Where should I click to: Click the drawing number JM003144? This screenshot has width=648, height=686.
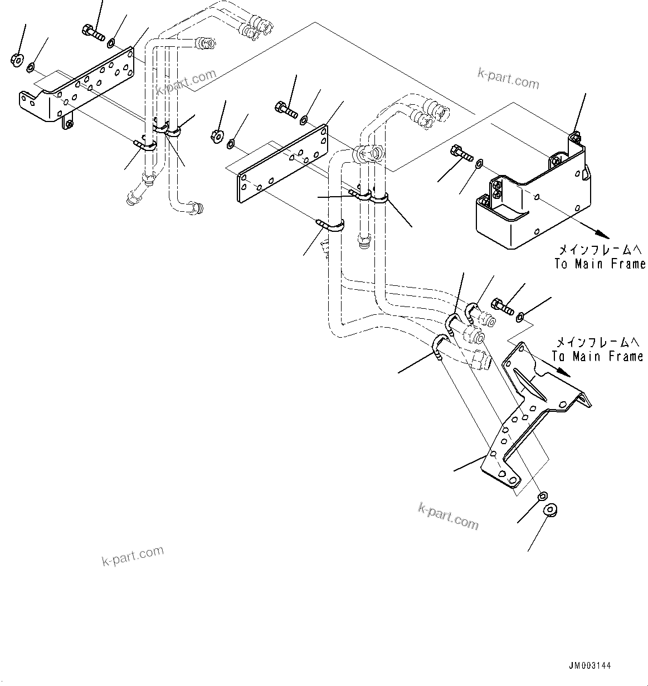[x=590, y=665]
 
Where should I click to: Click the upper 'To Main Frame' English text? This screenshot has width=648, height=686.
[x=600, y=264]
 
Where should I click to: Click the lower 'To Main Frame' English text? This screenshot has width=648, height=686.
[x=597, y=356]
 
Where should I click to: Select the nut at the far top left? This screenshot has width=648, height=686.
[x=16, y=59]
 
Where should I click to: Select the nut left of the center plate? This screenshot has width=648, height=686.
[x=217, y=135]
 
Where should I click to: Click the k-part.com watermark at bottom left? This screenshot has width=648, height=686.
[x=133, y=555]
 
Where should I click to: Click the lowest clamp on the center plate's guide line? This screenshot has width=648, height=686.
[x=331, y=226]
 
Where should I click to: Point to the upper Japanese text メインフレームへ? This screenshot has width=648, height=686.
[x=599, y=249]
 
